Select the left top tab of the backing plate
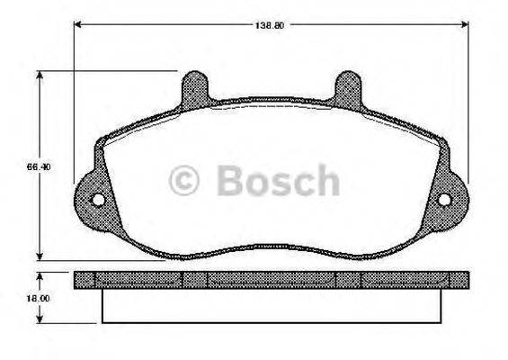tap(194, 88)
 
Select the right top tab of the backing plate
tap(346, 88)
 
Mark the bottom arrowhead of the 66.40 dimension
tap(40, 255)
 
